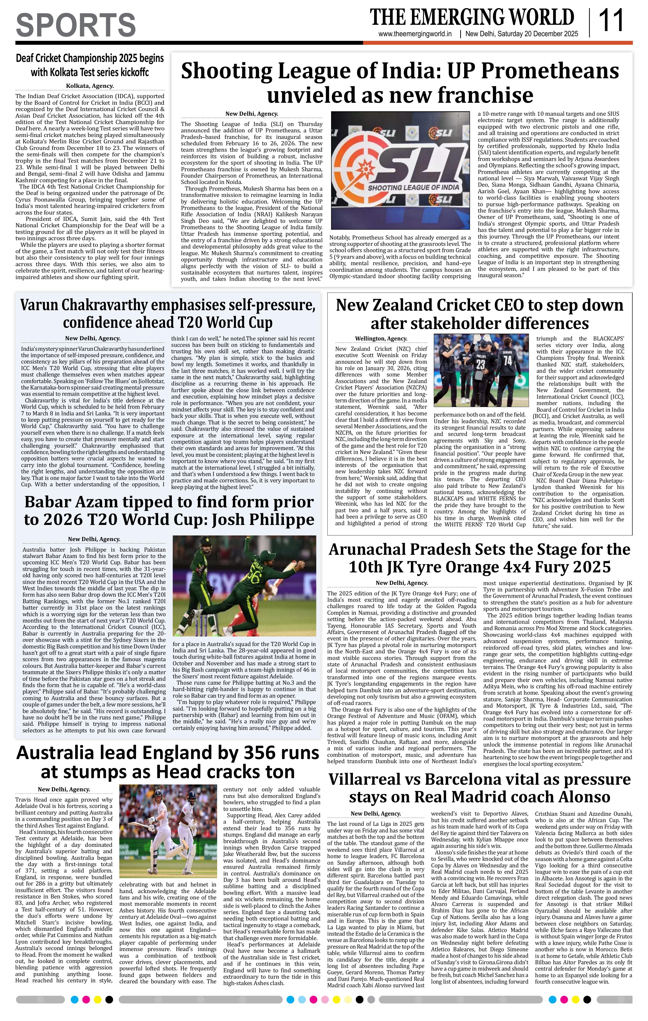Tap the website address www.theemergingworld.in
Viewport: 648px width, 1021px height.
(414, 34)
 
